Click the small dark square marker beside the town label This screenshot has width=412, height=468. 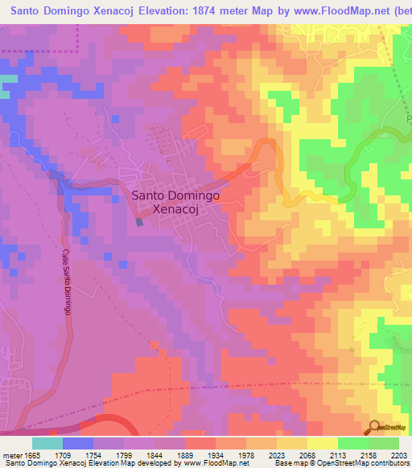click(140, 221)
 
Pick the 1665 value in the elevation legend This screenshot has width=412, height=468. click(32, 454)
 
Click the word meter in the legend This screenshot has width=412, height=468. click(11, 454)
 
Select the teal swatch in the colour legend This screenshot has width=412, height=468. click(47, 443)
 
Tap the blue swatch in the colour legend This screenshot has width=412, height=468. click(78, 443)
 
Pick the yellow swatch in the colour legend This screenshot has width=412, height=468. click(323, 443)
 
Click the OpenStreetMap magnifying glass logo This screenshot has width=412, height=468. click(374, 428)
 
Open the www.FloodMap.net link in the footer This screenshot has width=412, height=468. click(200, 463)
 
